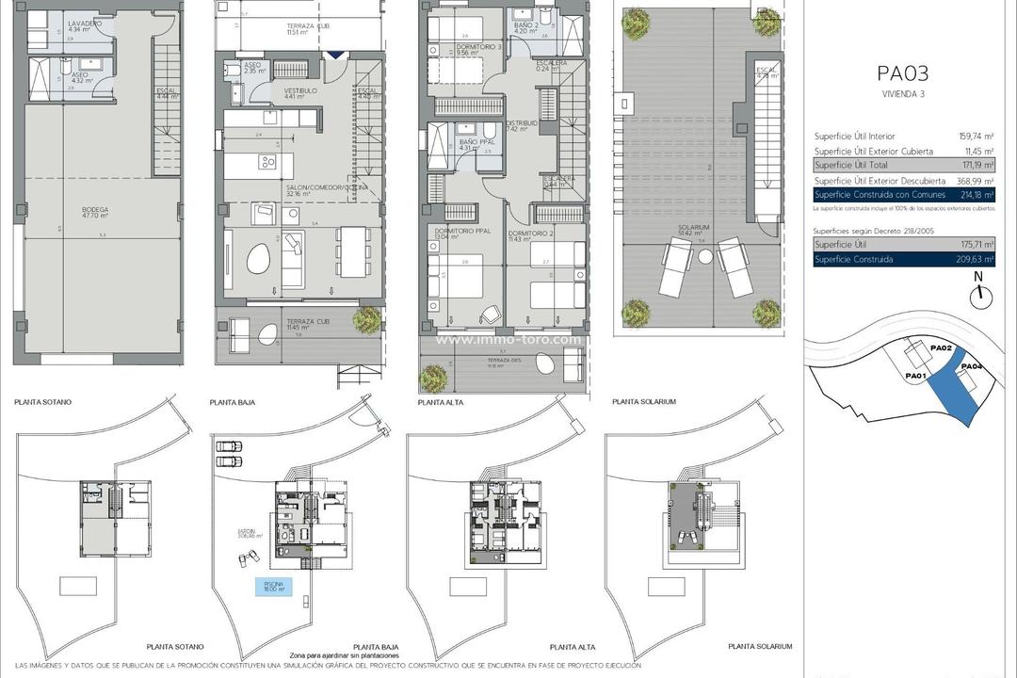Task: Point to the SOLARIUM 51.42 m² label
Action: [x=699, y=231]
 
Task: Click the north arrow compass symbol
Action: [x=981, y=293]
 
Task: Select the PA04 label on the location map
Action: [x=972, y=366]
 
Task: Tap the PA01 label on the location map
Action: [x=916, y=377]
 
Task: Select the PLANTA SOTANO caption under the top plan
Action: [x=42, y=402]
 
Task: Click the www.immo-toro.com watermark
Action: [x=508, y=340]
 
